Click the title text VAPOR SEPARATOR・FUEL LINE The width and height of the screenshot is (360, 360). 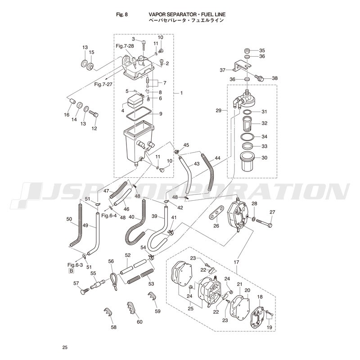click(187, 14)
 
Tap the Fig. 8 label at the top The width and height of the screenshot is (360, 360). click(122, 14)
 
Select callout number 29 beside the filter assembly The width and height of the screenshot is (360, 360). click(218, 110)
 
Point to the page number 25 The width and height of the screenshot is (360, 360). click(65, 347)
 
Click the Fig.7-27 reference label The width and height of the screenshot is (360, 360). click(103, 84)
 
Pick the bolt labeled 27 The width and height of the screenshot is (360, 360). click(264, 222)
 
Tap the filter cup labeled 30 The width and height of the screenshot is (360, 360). click(247, 162)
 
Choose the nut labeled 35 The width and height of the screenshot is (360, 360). click(247, 50)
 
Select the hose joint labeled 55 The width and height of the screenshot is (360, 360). click(97, 284)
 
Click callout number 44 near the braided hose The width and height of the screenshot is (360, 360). click(217, 158)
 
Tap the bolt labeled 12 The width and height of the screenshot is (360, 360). click(94, 114)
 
